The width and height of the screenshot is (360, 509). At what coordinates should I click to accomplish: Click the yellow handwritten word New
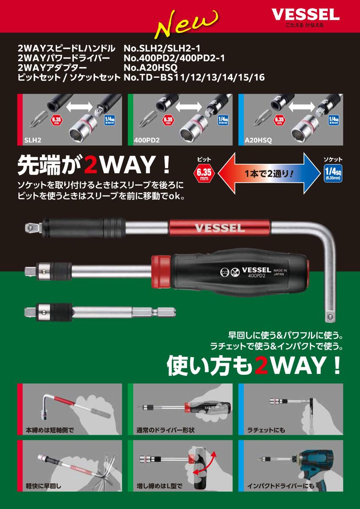click(186, 23)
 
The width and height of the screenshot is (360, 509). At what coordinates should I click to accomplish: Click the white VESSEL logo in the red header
click(305, 15)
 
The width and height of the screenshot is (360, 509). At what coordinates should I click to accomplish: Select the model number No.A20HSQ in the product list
click(150, 68)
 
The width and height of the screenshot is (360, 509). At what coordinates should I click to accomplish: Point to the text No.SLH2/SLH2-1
click(162, 48)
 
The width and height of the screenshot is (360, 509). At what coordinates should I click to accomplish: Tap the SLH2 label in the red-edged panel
click(33, 140)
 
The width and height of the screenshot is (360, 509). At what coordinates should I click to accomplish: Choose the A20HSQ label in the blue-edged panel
click(258, 140)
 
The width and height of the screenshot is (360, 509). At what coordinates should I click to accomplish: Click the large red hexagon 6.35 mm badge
click(204, 173)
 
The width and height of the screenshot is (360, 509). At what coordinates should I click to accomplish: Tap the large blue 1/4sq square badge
click(333, 173)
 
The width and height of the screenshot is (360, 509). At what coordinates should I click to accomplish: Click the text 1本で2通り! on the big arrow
click(269, 174)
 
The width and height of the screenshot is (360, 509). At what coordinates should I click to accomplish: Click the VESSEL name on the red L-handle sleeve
click(219, 228)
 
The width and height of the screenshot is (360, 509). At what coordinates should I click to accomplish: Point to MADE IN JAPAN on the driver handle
click(280, 272)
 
